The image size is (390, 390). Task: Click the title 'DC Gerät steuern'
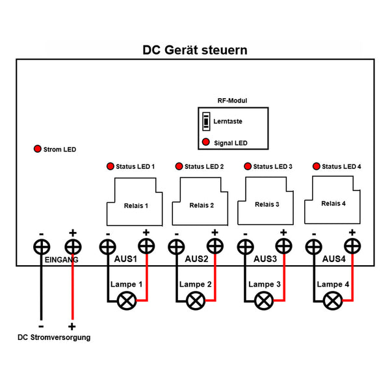point(195,49)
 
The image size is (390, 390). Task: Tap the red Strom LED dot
point(38,149)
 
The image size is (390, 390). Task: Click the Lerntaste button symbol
point(206,122)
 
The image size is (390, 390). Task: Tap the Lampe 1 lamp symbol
point(126,300)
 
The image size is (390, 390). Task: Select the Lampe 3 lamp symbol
point(264,300)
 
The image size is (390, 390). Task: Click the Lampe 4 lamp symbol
point(333,300)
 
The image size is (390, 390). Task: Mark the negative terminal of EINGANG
point(42,247)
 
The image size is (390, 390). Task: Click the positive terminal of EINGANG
point(73,247)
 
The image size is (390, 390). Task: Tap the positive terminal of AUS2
point(214,247)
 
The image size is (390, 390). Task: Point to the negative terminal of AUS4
point(313,247)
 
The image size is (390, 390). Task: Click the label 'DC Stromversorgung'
point(54,337)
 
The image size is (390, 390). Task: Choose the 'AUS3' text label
point(265,259)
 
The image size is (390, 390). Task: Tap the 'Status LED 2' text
point(204,166)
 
